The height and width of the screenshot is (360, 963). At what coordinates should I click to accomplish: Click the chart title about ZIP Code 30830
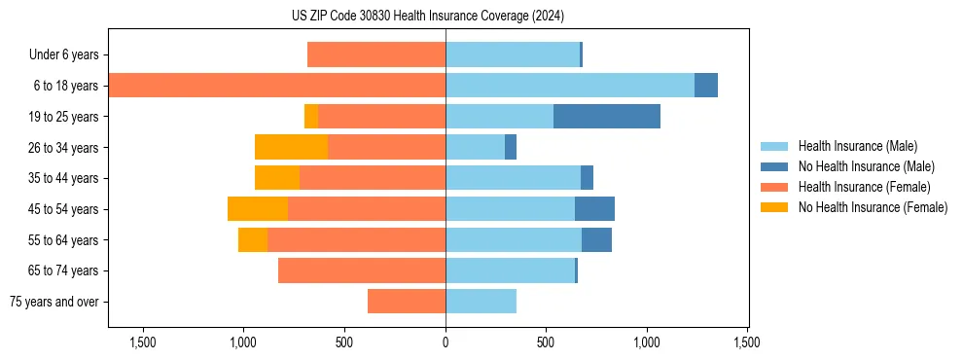point(427,16)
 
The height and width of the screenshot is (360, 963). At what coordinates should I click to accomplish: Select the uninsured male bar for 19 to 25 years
point(607,117)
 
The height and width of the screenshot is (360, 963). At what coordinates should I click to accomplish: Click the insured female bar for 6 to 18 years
point(277,86)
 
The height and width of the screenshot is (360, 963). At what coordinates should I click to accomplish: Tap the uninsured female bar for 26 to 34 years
point(291,147)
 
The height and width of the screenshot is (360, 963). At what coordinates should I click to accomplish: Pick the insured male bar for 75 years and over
point(481,302)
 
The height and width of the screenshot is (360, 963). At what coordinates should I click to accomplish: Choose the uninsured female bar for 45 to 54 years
point(258,209)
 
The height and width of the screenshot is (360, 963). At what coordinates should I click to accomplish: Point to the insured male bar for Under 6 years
point(512,55)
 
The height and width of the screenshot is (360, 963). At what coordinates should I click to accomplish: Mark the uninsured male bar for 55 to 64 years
point(596,240)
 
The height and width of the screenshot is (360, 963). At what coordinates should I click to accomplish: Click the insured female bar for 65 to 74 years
point(362,270)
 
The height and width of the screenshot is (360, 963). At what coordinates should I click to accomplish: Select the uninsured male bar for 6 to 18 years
point(706,86)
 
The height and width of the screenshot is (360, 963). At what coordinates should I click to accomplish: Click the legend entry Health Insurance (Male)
point(857,146)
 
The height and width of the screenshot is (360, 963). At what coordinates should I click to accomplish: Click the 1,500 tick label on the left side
point(142,342)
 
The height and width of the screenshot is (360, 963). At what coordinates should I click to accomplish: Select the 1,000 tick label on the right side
point(647,342)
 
